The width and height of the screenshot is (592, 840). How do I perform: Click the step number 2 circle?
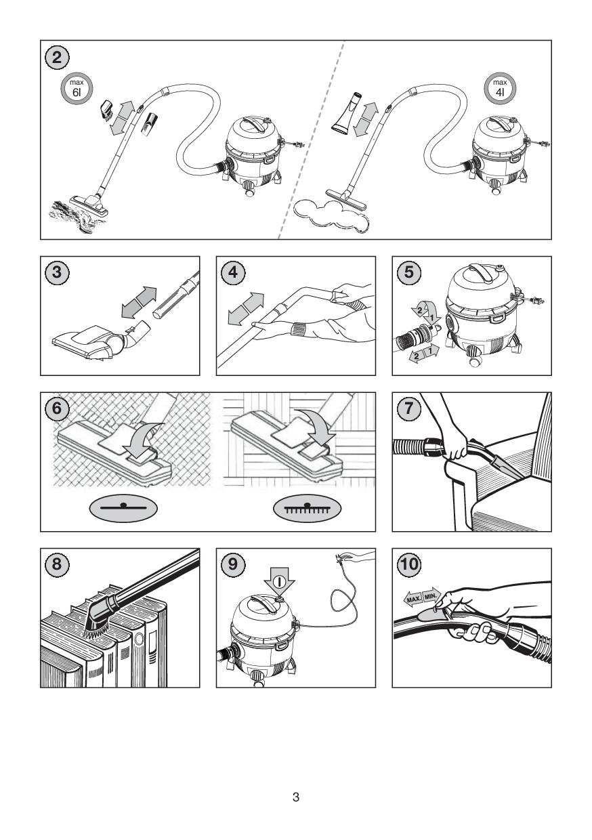[x=57, y=58]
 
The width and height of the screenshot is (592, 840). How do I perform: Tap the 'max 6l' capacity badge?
[x=77, y=89]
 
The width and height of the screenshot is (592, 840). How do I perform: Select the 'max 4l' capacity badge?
[x=500, y=89]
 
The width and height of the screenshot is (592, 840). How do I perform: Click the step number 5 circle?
[x=408, y=272]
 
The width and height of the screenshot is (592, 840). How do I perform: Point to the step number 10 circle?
[x=409, y=564]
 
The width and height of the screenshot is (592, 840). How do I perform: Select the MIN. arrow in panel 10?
[x=431, y=595]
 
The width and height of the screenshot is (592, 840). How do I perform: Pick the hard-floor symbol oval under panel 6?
[x=123, y=509]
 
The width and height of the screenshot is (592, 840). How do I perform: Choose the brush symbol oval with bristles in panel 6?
[x=307, y=509]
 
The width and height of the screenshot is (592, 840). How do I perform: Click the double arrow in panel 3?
[x=139, y=303]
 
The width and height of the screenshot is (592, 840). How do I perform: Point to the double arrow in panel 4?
[x=246, y=310]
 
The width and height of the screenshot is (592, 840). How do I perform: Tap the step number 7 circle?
[x=408, y=408]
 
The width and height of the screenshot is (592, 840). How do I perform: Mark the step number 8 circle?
[x=57, y=564]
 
